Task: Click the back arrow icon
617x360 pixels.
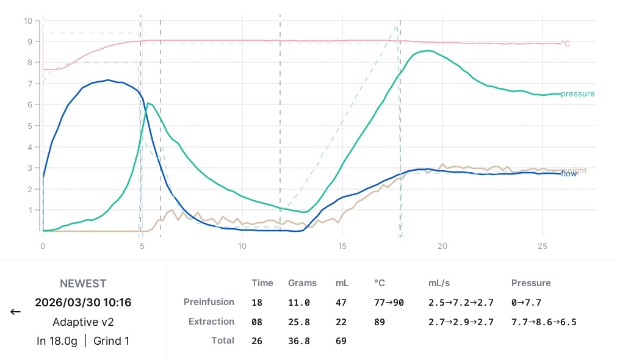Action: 15,312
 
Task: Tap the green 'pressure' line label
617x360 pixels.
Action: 577,93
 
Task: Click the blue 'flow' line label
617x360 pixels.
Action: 569,174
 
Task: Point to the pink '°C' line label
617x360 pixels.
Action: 566,44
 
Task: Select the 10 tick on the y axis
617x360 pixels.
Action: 28,21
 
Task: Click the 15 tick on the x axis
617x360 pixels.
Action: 342,247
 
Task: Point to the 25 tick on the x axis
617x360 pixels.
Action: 542,247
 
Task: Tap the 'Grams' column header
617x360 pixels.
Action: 302,283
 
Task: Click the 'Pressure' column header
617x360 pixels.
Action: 531,283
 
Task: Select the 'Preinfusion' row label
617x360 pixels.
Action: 209,302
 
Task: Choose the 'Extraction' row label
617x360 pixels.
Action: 211,322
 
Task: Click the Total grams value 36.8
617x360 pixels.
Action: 298,341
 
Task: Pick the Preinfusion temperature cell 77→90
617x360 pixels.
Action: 389,303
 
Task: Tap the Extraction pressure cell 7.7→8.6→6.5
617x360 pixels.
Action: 544,322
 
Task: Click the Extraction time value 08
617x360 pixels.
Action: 257,322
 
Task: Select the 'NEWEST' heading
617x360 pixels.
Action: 83,284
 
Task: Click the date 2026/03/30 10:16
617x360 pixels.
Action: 83,303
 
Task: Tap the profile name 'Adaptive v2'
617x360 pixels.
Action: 83,322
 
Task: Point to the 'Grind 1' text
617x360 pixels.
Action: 111,341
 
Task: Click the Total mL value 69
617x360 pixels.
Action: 341,341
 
